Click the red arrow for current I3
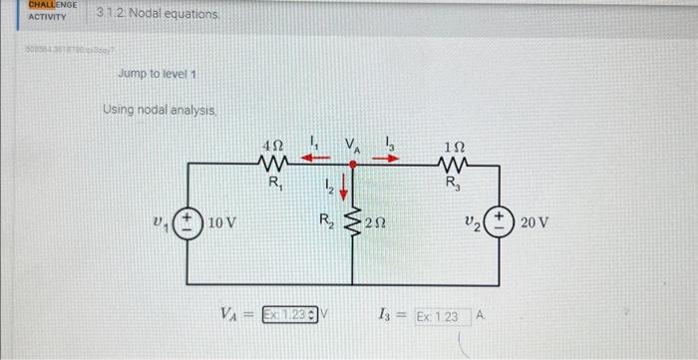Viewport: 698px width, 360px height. point(385,157)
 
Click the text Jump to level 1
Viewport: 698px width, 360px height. point(157,75)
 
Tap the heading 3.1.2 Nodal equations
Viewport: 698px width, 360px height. point(143,14)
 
